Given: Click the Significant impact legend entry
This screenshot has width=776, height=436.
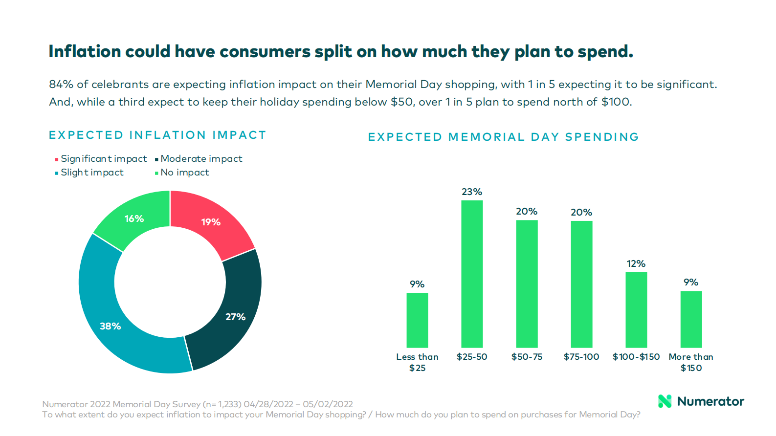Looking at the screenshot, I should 103,159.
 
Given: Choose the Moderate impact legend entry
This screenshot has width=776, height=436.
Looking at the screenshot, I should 201,159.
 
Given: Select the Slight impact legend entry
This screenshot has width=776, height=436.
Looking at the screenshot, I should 92,173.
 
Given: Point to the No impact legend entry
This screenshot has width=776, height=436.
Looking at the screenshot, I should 184,173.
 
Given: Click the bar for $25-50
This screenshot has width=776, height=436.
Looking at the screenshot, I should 472,274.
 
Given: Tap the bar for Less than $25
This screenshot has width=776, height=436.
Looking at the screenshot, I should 417,320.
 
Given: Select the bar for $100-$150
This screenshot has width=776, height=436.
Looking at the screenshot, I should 636,310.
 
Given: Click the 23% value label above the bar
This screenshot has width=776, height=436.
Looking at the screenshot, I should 472,192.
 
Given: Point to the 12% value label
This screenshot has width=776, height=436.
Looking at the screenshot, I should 636,264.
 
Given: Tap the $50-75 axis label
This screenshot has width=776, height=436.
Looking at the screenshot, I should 527,357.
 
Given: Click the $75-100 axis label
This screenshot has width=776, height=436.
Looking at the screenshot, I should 581,357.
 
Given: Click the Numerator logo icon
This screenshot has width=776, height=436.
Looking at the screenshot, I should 665,401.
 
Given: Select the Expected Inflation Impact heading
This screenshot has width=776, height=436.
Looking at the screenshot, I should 157,135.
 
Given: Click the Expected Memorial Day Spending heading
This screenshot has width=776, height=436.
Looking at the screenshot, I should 503,137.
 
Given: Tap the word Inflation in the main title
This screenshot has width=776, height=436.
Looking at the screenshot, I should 85,52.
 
